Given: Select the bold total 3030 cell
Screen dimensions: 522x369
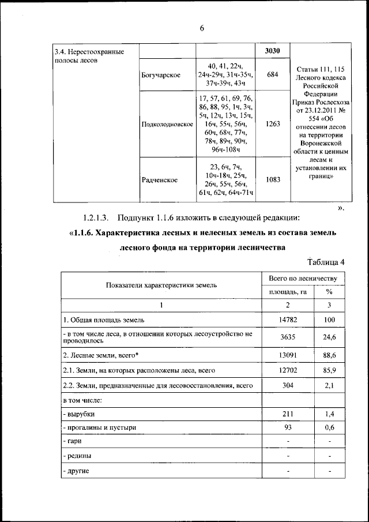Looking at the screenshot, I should coord(273,51).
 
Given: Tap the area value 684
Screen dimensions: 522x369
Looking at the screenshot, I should coord(273,76).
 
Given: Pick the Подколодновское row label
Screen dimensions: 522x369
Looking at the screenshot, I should coord(167,125).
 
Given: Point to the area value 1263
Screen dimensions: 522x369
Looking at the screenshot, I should coord(273,124).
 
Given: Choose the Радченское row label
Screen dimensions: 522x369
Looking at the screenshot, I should coord(160,180).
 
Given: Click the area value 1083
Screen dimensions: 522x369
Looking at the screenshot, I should coord(273,180).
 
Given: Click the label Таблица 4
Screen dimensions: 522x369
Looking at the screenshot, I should coord(326,262).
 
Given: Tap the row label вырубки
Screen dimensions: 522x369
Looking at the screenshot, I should coord(79,414).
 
